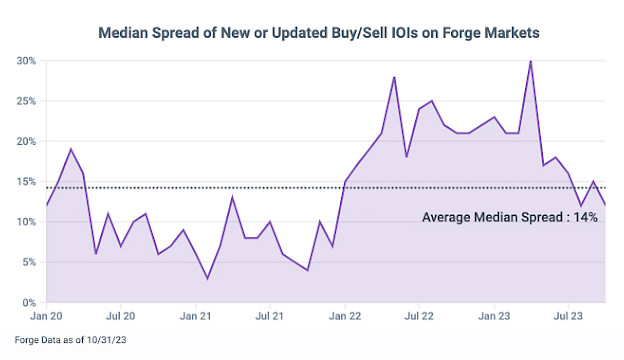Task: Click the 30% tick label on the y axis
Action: click(26, 61)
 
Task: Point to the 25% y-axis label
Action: click(26, 101)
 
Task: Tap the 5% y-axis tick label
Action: click(29, 262)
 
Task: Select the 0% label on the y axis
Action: click(29, 303)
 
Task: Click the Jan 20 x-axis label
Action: click(46, 316)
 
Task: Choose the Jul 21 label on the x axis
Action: click(269, 316)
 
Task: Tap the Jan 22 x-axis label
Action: click(345, 316)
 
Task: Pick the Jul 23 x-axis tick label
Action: click(568, 316)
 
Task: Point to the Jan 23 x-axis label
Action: click(494, 316)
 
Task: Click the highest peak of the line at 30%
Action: click(531, 61)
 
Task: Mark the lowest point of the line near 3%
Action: click(207, 278)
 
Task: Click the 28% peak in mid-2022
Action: click(394, 77)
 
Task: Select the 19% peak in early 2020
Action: click(71, 149)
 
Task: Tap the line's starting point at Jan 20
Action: click(47, 206)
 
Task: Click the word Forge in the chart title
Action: click(460, 33)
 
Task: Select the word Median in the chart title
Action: click(124, 33)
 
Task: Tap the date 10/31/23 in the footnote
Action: click(107, 340)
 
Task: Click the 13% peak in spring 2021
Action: click(232, 198)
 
